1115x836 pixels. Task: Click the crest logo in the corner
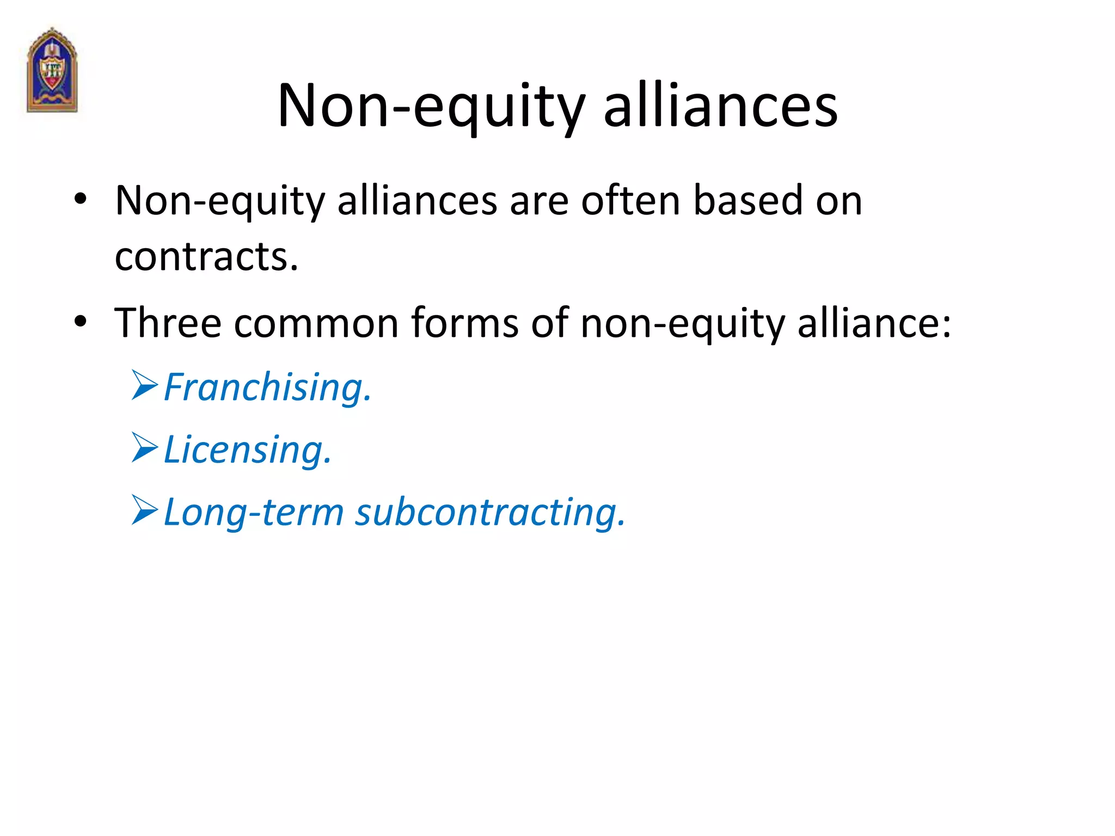pos(52,70)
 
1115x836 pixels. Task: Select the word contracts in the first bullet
pos(206,256)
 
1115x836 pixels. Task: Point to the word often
pos(630,201)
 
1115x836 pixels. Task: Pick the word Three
pos(168,323)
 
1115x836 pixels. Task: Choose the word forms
pos(464,323)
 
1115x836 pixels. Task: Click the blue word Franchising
pos(267,388)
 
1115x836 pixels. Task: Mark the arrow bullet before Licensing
pos(144,448)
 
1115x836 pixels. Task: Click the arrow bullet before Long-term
pos(144,510)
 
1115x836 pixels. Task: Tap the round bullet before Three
pos(81,321)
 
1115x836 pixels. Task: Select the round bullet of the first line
pos(81,199)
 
